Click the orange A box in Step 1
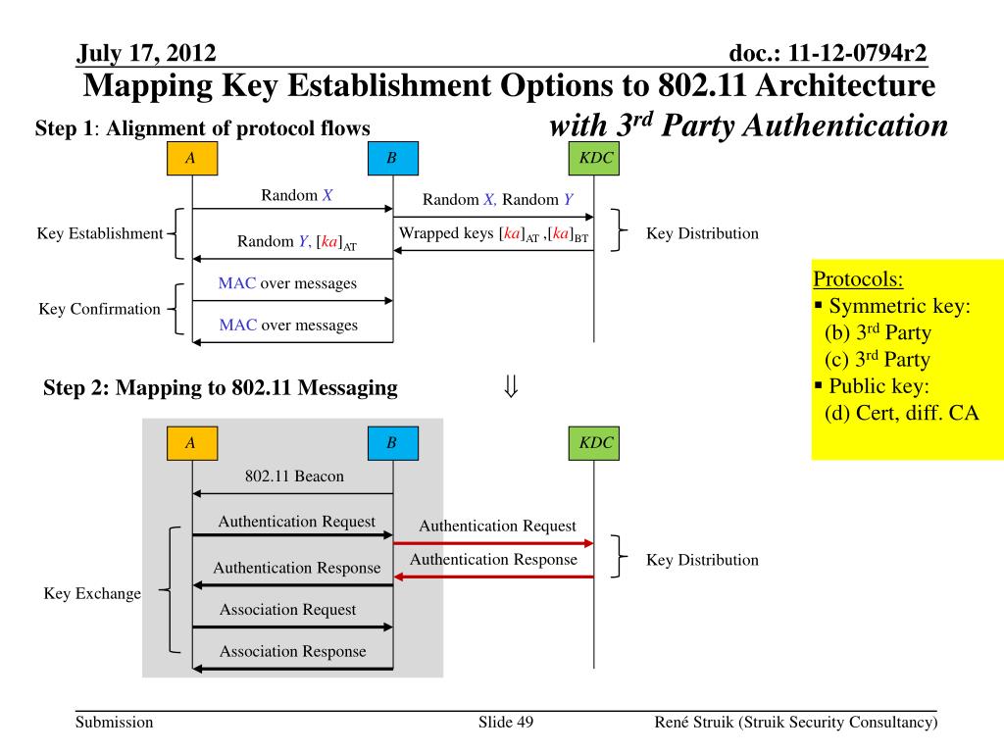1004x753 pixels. [x=190, y=159]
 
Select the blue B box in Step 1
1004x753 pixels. [x=391, y=159]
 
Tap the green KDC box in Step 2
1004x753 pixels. [x=595, y=443]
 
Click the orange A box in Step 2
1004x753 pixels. [x=190, y=443]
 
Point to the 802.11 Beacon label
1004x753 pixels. [x=294, y=477]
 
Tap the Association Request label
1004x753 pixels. [x=287, y=610]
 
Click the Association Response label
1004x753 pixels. [x=292, y=651]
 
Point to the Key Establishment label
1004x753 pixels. [x=99, y=233]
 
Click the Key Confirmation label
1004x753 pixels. [x=99, y=309]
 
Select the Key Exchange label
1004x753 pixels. [x=92, y=593]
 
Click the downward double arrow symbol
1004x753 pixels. [x=510, y=387]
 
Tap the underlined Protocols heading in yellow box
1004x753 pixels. [x=858, y=278]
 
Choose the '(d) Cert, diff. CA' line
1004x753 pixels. [x=901, y=413]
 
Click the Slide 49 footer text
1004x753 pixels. [x=505, y=723]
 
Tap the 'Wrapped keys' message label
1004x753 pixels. [x=494, y=234]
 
